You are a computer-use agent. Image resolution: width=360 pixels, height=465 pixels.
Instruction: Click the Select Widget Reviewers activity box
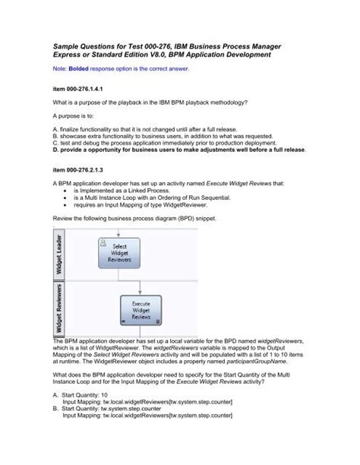119,255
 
